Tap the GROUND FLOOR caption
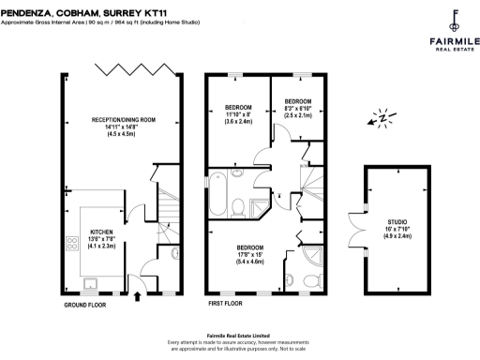point(85,306)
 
